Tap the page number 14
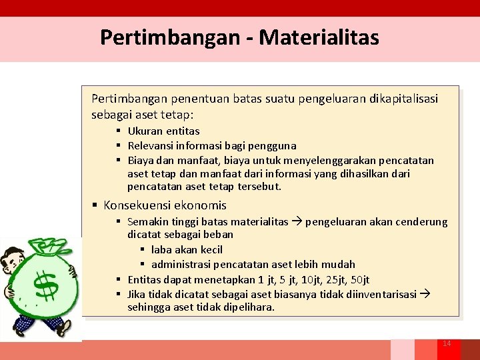pos(447,343)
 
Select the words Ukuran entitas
pos(163,131)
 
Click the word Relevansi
pos(151,145)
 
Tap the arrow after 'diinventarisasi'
pos(424,294)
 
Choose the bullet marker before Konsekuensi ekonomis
pos(95,205)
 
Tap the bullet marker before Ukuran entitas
pos(118,131)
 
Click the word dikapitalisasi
pos(403,99)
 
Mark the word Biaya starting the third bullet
pos(140,160)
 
